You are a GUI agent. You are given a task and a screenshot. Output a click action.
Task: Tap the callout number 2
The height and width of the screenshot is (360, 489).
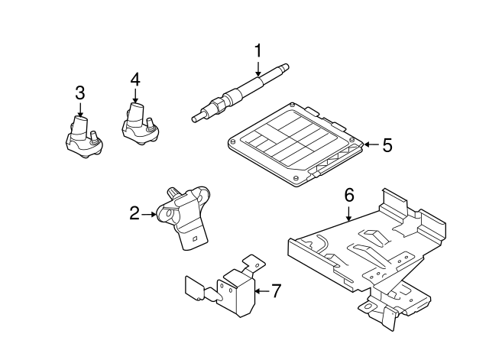coord(134,214)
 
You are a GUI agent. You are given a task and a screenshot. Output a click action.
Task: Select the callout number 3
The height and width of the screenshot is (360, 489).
coord(79,92)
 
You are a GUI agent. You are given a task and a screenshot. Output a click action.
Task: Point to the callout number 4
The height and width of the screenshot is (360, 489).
coord(134,79)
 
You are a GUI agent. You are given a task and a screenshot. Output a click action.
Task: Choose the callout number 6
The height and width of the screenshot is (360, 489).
coord(349,195)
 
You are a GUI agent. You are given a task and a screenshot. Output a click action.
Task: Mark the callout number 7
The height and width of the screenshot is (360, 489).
coord(277,290)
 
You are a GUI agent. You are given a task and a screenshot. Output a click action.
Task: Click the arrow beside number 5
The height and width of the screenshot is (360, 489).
coord(370,144)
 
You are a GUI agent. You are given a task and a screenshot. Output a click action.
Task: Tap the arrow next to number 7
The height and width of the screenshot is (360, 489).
coord(260,290)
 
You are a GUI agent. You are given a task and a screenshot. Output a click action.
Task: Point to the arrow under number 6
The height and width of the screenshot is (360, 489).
coord(349,212)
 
